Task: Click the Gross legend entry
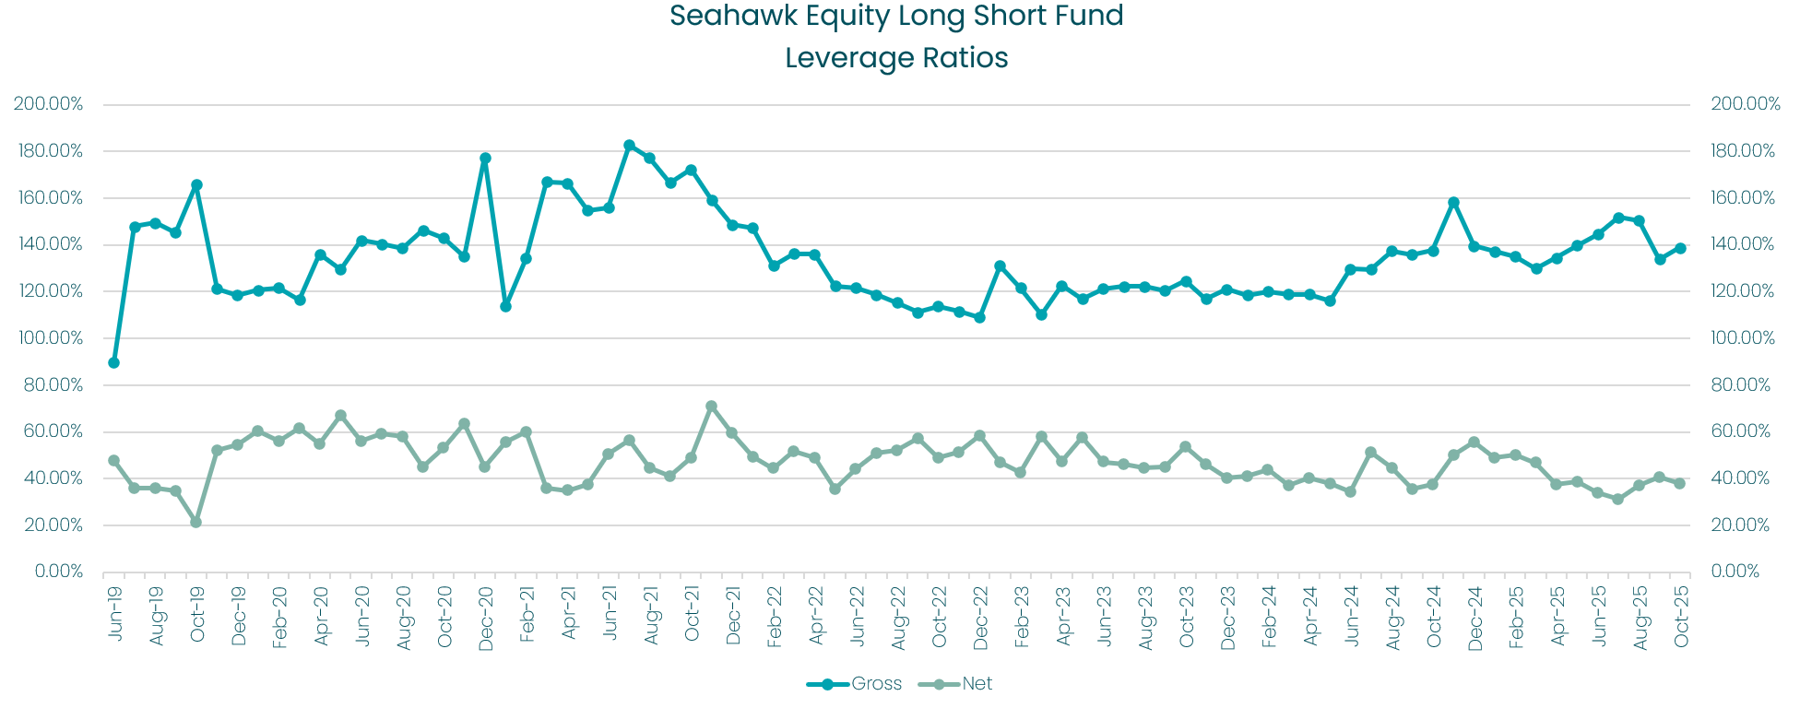pyautogui.click(x=854, y=684)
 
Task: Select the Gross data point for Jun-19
pyautogui.click(x=114, y=362)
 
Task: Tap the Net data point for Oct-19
pyautogui.click(x=196, y=522)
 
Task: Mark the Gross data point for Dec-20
pyautogui.click(x=485, y=158)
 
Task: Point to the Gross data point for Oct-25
pyautogui.click(x=1680, y=248)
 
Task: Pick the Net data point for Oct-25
pyautogui.click(x=1680, y=483)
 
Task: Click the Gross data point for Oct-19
pyautogui.click(x=196, y=184)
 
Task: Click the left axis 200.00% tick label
pyautogui.click(x=49, y=104)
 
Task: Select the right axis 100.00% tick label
pyautogui.click(x=1743, y=338)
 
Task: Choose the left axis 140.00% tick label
pyautogui.click(x=49, y=244)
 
